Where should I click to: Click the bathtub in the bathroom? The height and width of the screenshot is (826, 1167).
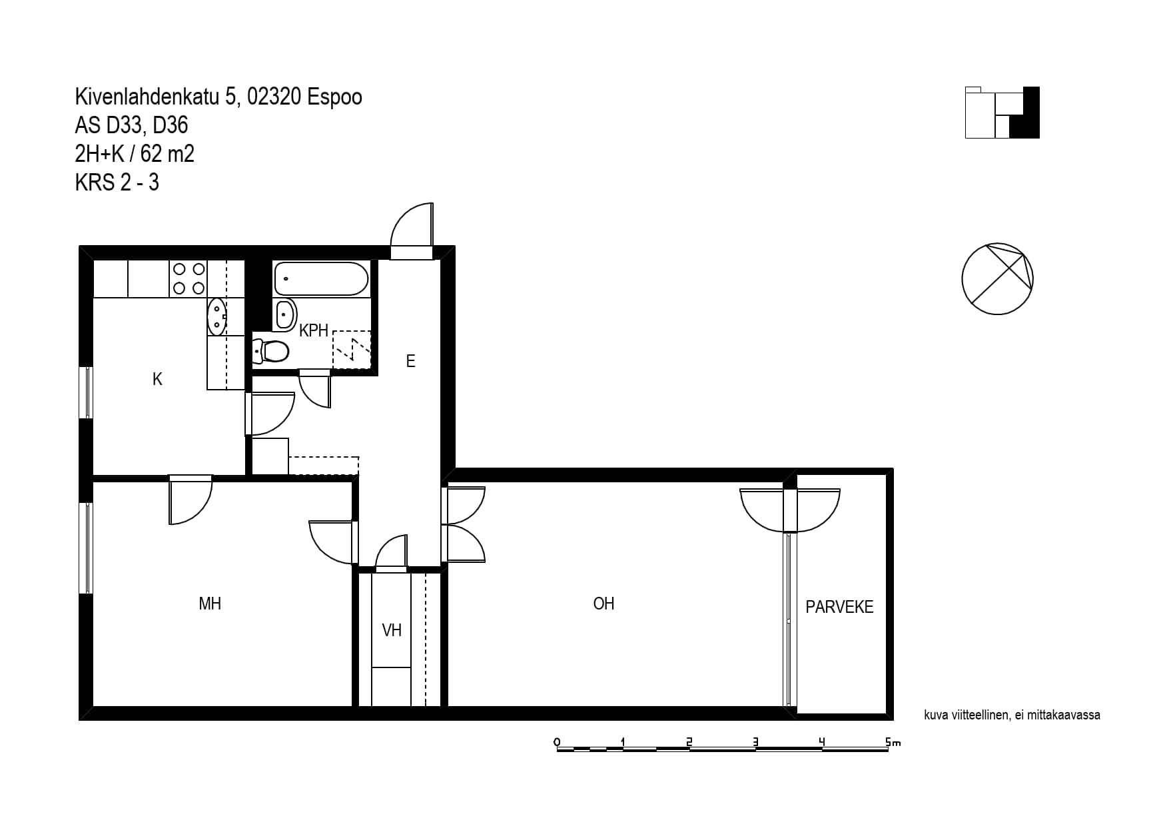[x=320, y=278]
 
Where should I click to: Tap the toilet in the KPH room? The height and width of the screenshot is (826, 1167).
[x=270, y=350]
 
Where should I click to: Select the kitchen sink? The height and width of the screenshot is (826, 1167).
[x=217, y=316]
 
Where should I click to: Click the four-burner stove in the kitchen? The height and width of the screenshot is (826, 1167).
[x=189, y=278]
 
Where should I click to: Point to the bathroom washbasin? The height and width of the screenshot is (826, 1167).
[x=285, y=314]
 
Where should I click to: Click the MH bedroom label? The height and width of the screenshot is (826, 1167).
[x=210, y=604]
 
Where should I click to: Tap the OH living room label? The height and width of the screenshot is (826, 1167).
[x=603, y=604]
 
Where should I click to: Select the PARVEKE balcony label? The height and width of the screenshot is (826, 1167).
[x=839, y=607]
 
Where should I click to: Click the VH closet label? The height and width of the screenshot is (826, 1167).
[x=392, y=629]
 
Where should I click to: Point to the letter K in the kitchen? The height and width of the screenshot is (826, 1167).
[x=157, y=379]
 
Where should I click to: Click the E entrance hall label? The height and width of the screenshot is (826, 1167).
[x=410, y=361]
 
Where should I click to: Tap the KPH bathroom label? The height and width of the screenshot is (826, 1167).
[x=314, y=330]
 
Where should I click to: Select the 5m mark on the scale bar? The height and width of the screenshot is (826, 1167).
[x=893, y=742]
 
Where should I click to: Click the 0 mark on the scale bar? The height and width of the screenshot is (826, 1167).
[x=557, y=742]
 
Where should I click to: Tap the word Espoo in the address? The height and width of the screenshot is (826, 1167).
[x=334, y=97]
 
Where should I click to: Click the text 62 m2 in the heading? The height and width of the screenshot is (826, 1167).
[x=167, y=154]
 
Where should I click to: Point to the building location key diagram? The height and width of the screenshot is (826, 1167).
[x=1002, y=113]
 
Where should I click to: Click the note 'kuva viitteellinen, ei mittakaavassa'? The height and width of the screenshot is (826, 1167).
[x=1012, y=715]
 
